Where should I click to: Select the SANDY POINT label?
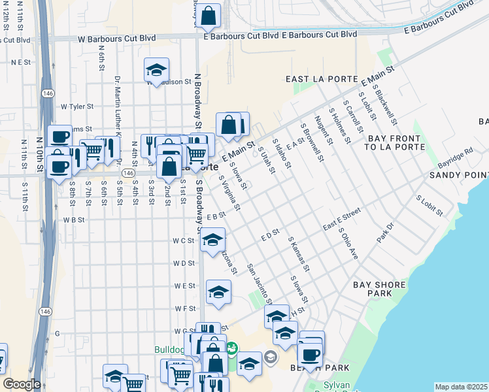pyautogui.click(x=458, y=175)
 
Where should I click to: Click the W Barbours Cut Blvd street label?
pyautogui.click(x=117, y=38)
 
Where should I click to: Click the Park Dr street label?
pyautogui.click(x=386, y=234)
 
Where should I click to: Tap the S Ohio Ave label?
pyautogui.click(x=348, y=244)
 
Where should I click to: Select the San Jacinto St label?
pyautogui.click(x=260, y=284)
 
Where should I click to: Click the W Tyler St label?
pyautogui.click(x=77, y=106)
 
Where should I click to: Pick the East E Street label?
pyautogui.click(x=341, y=220)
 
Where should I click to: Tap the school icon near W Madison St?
pyautogui.click(x=156, y=69)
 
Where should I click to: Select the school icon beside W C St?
pyautogui.click(x=212, y=240)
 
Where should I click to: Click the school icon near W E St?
pyautogui.click(x=218, y=292)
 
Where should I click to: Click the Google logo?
pyautogui.click(x=22, y=384)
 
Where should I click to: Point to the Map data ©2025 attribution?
pyautogui.click(x=461, y=387)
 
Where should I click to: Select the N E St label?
pyautogui.click(x=21, y=62)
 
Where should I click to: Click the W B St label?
pyautogui.click(x=74, y=220)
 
